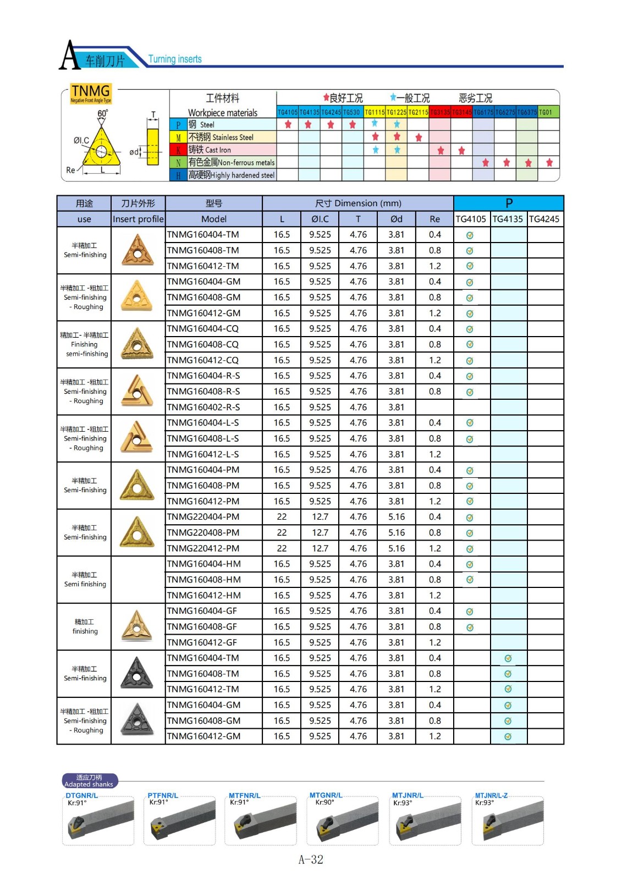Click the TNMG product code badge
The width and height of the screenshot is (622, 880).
click(91, 93)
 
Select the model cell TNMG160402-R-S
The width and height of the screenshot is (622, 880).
click(203, 407)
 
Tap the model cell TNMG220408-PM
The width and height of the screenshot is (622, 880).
click(203, 532)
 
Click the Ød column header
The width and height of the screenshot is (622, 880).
click(396, 219)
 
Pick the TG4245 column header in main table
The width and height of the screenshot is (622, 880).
click(544, 219)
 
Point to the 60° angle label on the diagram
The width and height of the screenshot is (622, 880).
click(103, 114)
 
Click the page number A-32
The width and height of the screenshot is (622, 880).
click(311, 860)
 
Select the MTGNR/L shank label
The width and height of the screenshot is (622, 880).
click(326, 795)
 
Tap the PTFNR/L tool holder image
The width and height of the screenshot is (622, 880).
click(181, 822)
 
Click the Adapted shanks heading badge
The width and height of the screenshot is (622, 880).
click(89, 781)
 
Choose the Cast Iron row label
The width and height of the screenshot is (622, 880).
click(210, 150)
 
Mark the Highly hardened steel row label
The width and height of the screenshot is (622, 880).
click(232, 175)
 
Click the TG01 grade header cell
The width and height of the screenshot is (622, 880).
click(546, 112)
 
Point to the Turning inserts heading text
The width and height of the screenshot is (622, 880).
click(175, 59)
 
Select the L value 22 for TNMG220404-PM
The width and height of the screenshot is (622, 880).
click(282, 517)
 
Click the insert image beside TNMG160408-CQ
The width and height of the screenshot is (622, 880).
click(137, 344)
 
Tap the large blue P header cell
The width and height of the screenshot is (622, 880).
click(509, 203)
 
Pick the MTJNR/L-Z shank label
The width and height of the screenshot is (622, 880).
click(491, 795)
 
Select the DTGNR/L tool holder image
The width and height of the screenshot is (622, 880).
click(99, 822)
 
